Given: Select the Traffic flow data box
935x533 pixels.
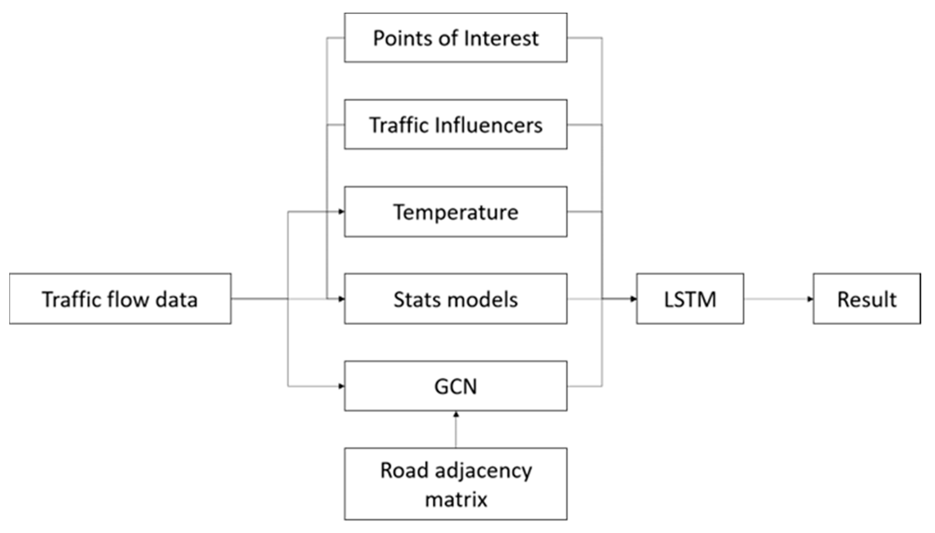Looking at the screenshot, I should tap(120, 299).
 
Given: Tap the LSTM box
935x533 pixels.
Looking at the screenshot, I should tap(690, 299).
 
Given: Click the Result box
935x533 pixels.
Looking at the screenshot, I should tap(867, 299).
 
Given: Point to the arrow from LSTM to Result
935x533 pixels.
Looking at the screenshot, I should tap(778, 299).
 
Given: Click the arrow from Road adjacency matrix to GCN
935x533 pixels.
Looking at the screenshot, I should tap(456, 430).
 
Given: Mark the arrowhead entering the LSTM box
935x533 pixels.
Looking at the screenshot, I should tap(633, 299).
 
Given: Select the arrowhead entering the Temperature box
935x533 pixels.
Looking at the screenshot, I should tap(341, 212).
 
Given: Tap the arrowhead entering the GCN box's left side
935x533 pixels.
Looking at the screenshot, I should tap(341, 386).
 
